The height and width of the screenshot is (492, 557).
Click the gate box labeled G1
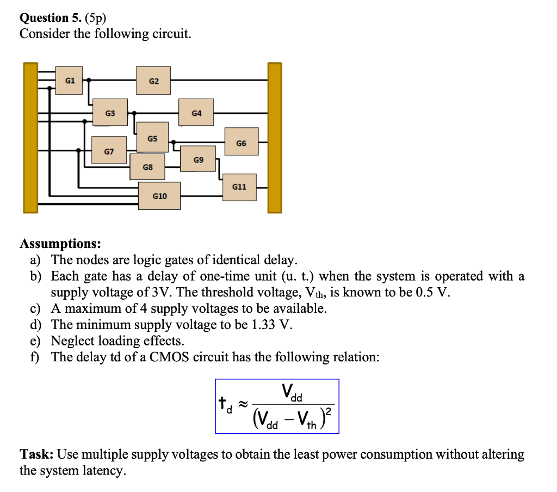[70, 81]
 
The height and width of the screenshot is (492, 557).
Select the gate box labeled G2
[153, 81]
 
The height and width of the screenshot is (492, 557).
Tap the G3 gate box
[110, 113]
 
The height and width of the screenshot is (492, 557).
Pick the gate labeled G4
[196, 113]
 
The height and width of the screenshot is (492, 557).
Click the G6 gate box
[241, 143]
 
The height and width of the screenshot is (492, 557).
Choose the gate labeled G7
[109, 151]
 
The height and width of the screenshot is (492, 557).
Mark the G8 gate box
[147, 167]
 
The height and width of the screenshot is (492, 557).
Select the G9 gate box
[198, 159]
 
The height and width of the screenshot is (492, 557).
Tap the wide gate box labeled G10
[159, 196]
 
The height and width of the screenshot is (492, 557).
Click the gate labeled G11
[239, 187]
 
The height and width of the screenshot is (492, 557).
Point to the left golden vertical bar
[30, 137]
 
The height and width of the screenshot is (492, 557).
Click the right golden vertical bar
[275, 137]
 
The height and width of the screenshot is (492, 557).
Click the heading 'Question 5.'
[49, 17]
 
